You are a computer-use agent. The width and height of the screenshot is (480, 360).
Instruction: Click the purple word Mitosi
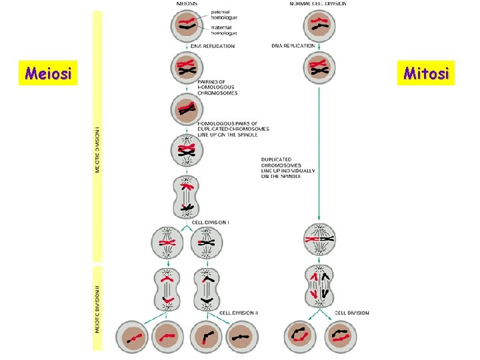427,72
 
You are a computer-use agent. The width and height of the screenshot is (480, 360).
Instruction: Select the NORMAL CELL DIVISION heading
318,3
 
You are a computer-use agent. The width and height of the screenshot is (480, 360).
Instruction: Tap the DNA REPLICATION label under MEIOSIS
213,46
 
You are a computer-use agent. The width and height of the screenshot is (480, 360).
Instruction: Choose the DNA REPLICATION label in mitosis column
293,46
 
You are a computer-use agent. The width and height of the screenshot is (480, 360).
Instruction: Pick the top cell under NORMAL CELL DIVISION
319,26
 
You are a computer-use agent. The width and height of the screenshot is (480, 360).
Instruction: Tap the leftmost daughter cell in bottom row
134,339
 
